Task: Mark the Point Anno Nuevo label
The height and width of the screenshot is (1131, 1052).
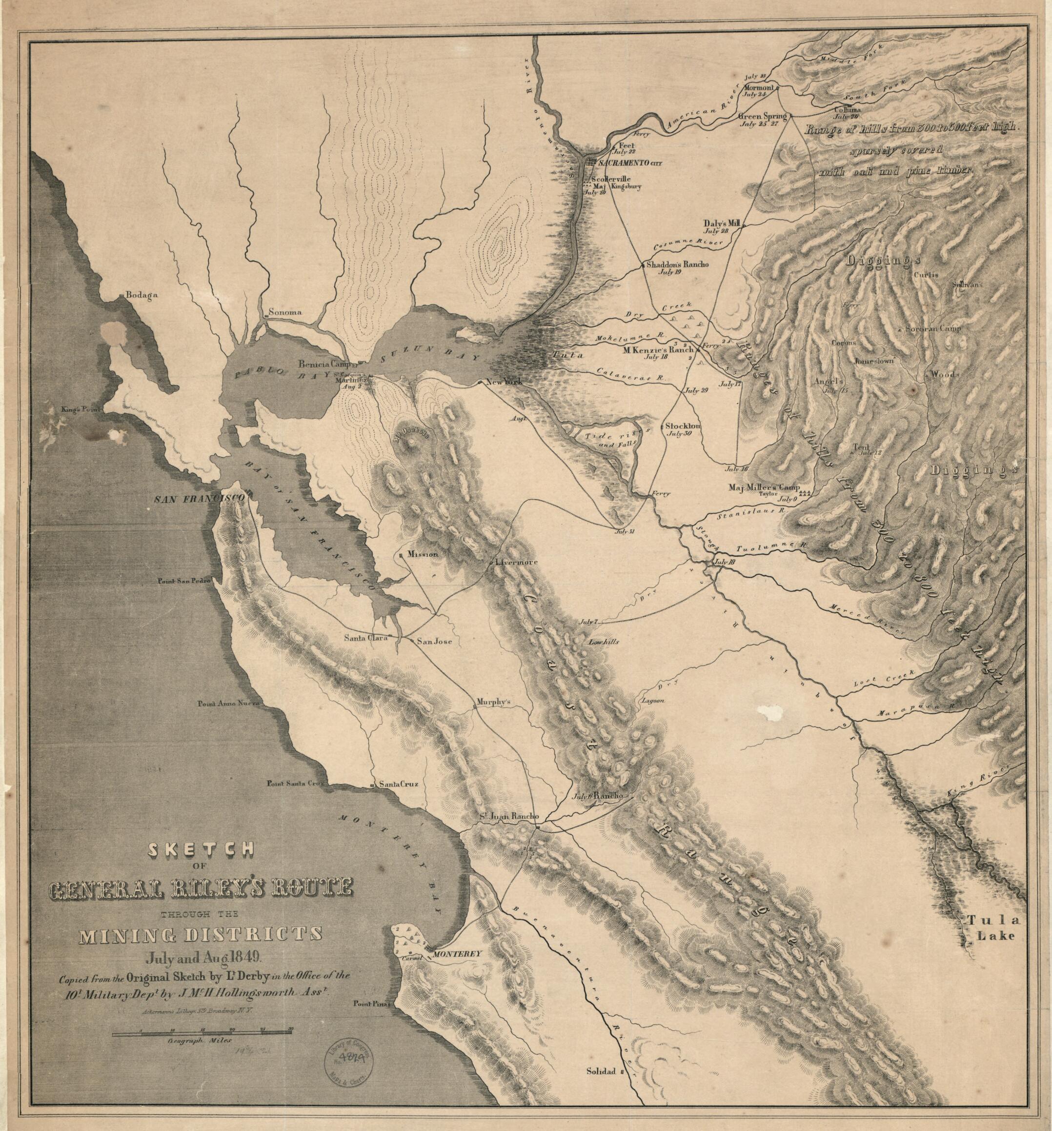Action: coord(228,704)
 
